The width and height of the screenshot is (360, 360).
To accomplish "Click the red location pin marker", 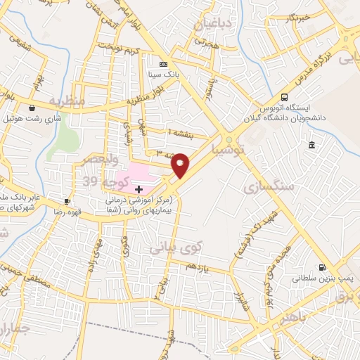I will pyautogui.click(x=181, y=165).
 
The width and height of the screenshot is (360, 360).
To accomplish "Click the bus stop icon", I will pyautogui.click(x=284, y=97).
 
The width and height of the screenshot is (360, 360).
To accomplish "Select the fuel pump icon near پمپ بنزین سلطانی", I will pyautogui.click(x=323, y=267).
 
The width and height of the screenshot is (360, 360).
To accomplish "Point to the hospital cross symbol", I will pyautogui.click(x=139, y=189).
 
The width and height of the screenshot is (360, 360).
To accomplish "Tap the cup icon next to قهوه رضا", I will pyautogui.click(x=67, y=200).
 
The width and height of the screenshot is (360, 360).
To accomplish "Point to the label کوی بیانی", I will pyautogui.click(x=176, y=247).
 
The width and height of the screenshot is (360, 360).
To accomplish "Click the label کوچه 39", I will pyautogui.click(x=105, y=181).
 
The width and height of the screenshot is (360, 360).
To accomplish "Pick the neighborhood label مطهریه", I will pyautogui.click(x=66, y=101).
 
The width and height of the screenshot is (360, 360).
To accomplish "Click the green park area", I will pyautogui.click(x=65, y=135).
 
